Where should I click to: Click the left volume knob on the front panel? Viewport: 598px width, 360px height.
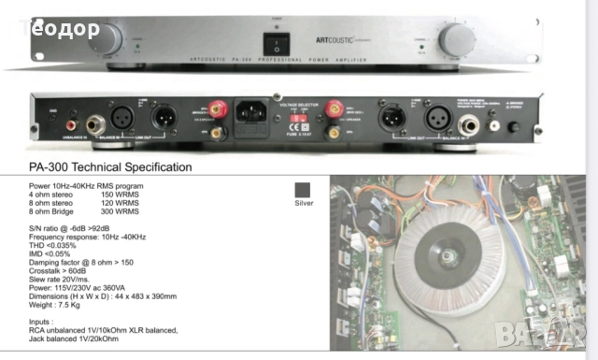pos(106,38)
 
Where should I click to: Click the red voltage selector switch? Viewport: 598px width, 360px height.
pos(292,119)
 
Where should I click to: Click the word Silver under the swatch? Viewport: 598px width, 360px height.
pos(304,203)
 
